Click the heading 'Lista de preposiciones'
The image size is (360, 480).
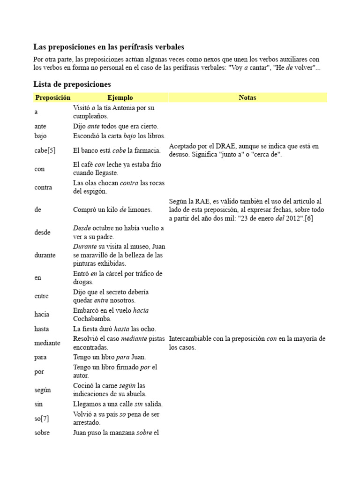(72, 84)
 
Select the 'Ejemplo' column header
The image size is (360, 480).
(120, 97)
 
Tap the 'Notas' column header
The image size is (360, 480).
(247, 97)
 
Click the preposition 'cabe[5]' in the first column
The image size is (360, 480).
(45, 150)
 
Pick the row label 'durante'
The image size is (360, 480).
(45, 255)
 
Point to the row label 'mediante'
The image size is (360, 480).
(47, 343)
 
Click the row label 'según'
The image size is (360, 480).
(43, 390)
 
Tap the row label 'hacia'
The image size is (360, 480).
(42, 314)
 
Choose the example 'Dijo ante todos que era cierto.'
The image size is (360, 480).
(116, 126)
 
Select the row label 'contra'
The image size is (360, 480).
(43, 187)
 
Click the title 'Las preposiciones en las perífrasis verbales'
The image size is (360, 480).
(109, 47)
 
